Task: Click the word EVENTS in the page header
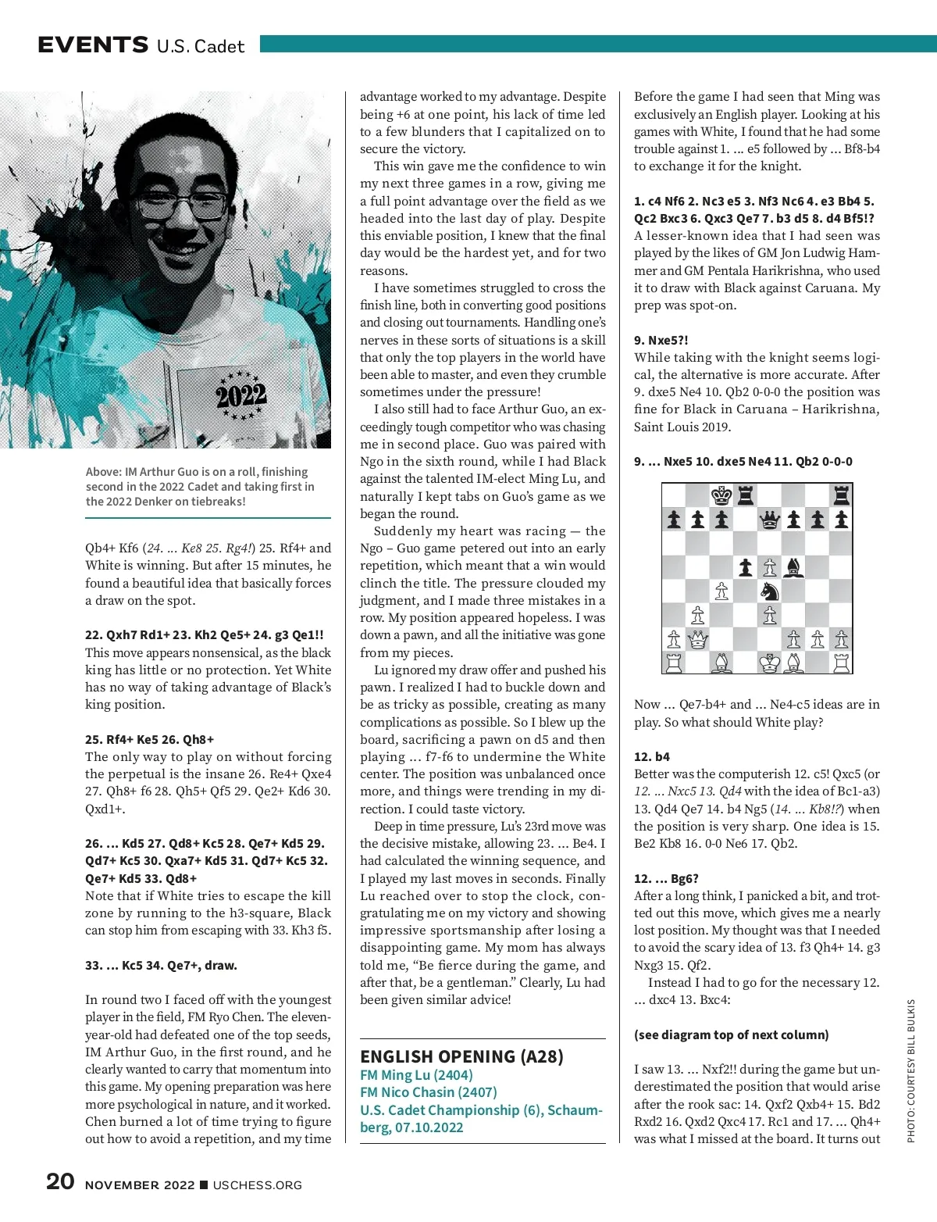[93, 45]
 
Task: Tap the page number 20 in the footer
[60, 1181]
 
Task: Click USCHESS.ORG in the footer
[257, 1185]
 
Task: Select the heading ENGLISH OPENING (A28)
[461, 1056]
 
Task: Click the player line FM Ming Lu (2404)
[416, 1075]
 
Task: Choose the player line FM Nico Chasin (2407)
[429, 1092]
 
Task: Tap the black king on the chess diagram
[721, 495]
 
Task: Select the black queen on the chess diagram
[770, 520]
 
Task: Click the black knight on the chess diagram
[770, 591]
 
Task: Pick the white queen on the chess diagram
[698, 640]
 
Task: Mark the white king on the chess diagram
[770, 663]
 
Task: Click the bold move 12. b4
[652, 757]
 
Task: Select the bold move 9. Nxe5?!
[661, 340]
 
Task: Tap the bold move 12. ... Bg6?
[666, 878]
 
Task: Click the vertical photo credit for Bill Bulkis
[910, 1070]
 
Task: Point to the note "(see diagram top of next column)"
[731, 1034]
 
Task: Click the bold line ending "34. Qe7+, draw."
[161, 965]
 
